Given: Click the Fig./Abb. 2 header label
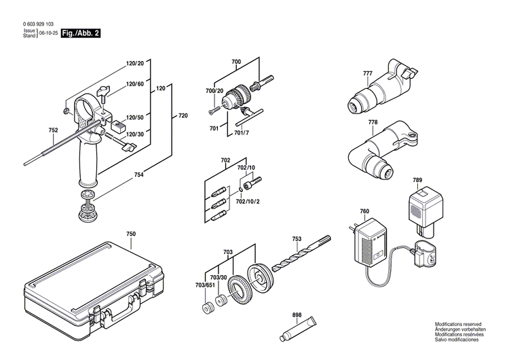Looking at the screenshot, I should tap(80, 32).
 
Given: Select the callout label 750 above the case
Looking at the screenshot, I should tap(131, 234).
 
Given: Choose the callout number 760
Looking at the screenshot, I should tap(364, 211).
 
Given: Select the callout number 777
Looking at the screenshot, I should tap(367, 73).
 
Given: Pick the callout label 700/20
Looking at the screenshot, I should tap(215, 90).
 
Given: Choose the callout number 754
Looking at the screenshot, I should tap(139, 175).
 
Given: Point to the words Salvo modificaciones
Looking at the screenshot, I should tap(459, 348).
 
